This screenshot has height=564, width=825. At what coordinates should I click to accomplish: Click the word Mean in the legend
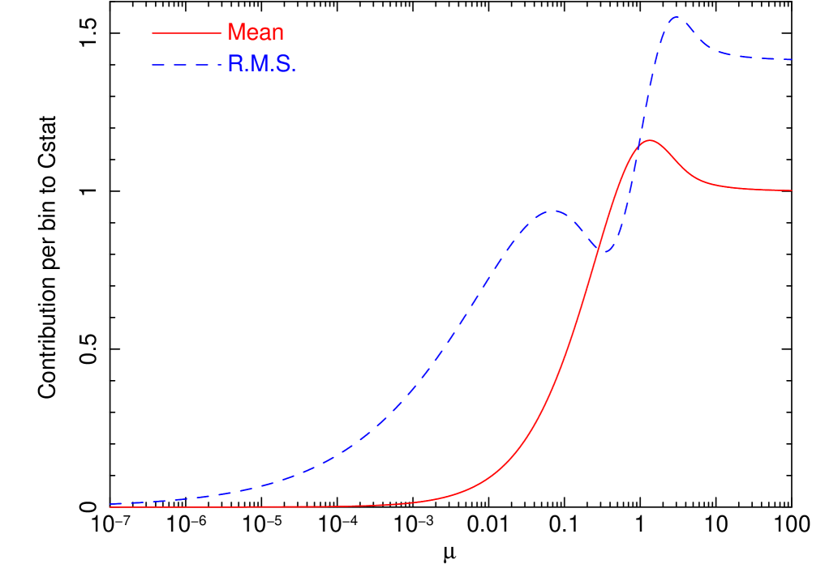pyautogui.click(x=256, y=32)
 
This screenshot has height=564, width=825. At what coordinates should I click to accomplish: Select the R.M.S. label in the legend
pyautogui.click(x=261, y=65)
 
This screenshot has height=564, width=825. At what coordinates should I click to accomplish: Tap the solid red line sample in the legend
pyautogui.click(x=186, y=33)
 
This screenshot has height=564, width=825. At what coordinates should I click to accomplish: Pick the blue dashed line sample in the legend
pyautogui.click(x=186, y=66)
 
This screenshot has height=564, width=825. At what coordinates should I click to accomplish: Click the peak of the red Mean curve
pyautogui.click(x=649, y=140)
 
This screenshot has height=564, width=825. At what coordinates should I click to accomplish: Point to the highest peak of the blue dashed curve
pyautogui.click(x=678, y=18)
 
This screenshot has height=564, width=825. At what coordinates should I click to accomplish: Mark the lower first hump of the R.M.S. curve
pyautogui.click(x=552, y=211)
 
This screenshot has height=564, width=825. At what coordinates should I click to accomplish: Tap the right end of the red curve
pyautogui.click(x=791, y=190)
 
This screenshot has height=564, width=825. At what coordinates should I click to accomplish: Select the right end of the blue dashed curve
pyautogui.click(x=791, y=60)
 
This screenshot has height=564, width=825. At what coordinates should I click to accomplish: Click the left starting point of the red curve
pyautogui.click(x=110, y=507)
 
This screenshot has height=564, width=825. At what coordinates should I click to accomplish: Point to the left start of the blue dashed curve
pyautogui.click(x=110, y=504)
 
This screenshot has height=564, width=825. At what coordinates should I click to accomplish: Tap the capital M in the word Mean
pyautogui.click(x=236, y=32)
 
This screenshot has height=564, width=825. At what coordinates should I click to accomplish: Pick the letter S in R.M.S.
pyautogui.click(x=285, y=65)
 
